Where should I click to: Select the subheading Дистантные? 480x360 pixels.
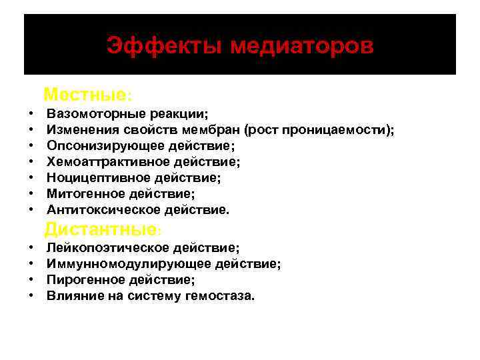click(x=100, y=230)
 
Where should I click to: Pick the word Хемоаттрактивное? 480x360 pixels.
click(x=105, y=161)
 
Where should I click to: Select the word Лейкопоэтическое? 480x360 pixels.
click(x=107, y=248)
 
